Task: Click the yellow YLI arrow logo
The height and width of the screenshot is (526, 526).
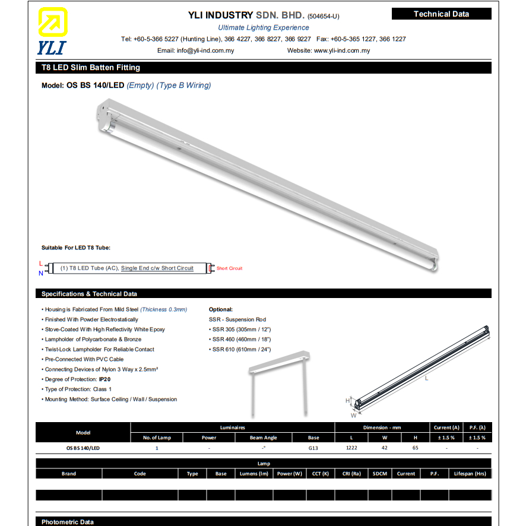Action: [52, 23]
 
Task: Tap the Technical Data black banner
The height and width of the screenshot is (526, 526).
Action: [441, 14]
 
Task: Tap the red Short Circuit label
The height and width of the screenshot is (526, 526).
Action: [229, 268]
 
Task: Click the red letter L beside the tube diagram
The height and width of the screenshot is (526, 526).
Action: [40, 263]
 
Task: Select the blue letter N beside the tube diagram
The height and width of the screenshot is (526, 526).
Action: [40, 273]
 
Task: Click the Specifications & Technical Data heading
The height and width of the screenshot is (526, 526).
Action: [89, 294]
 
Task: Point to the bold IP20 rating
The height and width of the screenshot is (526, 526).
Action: [104, 379]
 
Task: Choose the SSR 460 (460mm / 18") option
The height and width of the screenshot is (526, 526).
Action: [240, 340]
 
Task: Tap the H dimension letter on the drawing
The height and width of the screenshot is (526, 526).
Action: [348, 401]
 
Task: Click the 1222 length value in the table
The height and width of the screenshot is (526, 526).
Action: [351, 448]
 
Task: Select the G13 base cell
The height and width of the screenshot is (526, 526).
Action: [313, 448]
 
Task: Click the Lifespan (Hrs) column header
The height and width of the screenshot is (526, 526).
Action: [470, 474]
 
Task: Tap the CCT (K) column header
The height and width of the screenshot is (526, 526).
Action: [321, 474]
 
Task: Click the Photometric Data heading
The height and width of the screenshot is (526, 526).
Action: [68, 522]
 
